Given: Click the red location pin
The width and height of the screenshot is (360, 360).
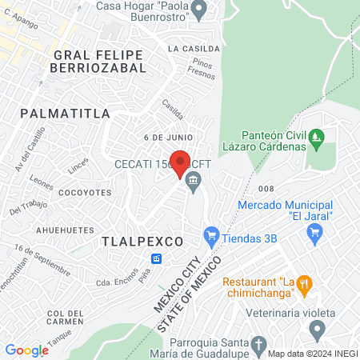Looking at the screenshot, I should click(180, 163).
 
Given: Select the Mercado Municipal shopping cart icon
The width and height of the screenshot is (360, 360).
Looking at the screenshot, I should click(314, 234).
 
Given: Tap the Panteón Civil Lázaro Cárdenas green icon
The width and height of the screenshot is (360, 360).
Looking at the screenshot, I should click(318, 138).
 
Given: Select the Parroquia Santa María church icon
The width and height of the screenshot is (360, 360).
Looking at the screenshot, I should click(258, 346).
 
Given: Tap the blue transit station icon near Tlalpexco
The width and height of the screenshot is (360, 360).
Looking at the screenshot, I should click(158, 258).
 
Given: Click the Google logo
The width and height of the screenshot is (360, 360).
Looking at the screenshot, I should click(26, 350).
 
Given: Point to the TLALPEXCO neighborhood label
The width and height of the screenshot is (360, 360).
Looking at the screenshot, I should click(143, 240).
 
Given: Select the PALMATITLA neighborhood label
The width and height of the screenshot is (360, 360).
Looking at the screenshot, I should click(65, 113).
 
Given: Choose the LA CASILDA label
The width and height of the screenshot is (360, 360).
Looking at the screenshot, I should click(189, 48).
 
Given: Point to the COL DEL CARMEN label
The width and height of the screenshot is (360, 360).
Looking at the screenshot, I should click(65, 317).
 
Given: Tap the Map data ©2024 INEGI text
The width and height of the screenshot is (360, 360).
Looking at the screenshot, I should click(312, 353).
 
